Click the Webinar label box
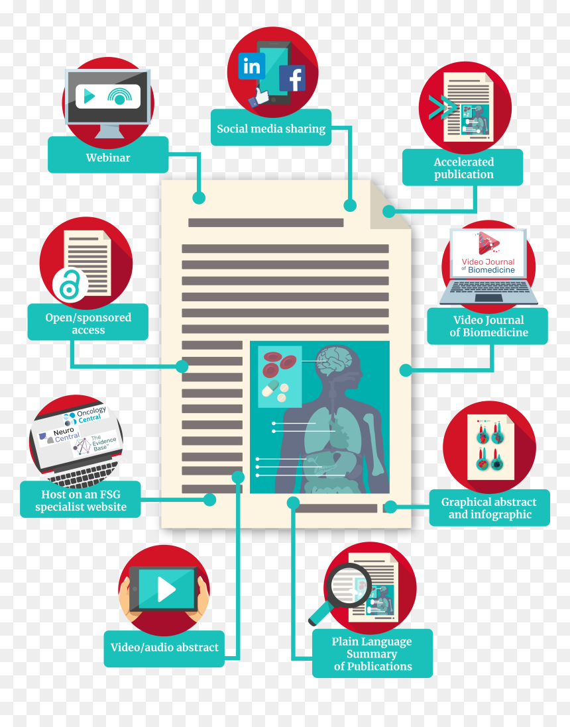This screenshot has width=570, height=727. (x=108, y=155)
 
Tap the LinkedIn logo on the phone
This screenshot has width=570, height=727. (x=252, y=66)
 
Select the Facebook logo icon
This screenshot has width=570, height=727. (x=292, y=78)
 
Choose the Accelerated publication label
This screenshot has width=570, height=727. (x=463, y=168)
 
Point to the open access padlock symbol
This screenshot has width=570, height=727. (x=70, y=284)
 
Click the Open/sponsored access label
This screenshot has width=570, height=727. (x=88, y=322)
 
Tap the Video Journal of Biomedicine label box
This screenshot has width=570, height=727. (x=487, y=326)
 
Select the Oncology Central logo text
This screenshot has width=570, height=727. (x=89, y=415)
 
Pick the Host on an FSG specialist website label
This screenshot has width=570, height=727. (x=80, y=500)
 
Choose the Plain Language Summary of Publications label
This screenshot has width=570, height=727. (x=372, y=654)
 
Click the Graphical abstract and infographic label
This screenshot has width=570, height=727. (x=490, y=508)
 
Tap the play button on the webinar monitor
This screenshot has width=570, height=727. (x=89, y=97)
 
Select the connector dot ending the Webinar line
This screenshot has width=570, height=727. (x=199, y=197)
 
